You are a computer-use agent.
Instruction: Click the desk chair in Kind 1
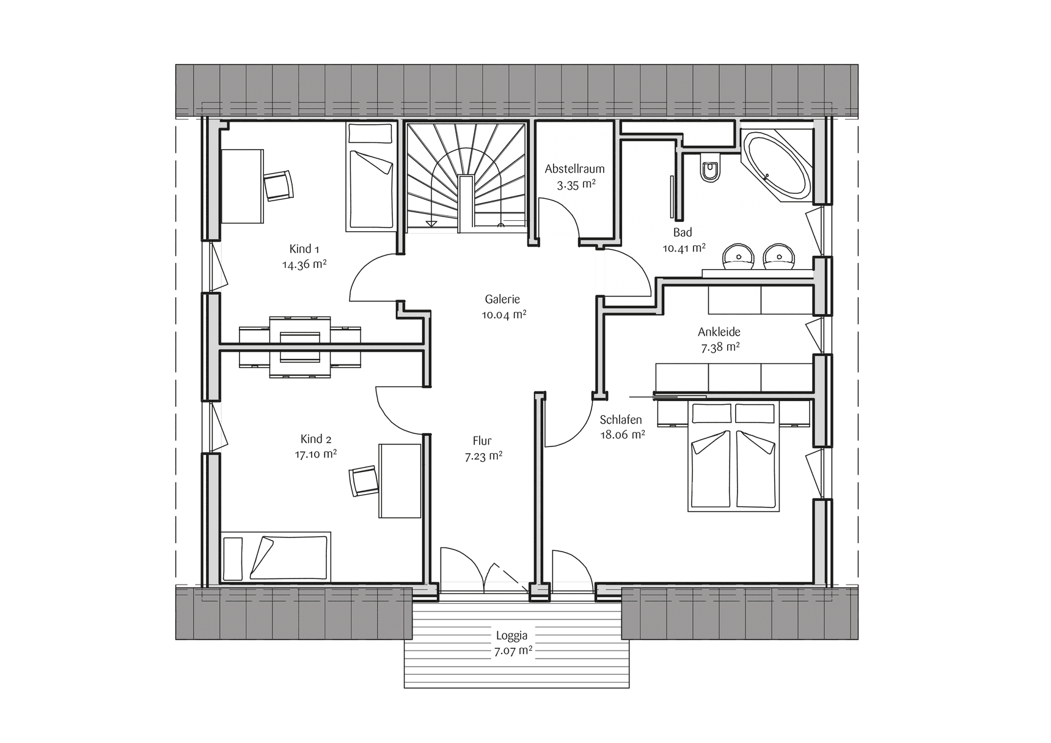[x=279, y=185]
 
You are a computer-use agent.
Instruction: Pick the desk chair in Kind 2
[x=364, y=481]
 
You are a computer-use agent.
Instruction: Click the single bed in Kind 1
[x=370, y=177]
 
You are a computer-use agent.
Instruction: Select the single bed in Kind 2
[x=276, y=556]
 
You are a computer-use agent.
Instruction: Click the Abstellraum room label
[x=575, y=169]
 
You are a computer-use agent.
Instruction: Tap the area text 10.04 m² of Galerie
[x=504, y=315]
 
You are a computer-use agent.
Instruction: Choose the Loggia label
[x=512, y=636]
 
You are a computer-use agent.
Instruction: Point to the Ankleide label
[x=719, y=332]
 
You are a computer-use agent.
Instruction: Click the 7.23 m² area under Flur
[x=484, y=456]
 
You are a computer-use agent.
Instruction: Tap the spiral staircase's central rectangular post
[x=466, y=203]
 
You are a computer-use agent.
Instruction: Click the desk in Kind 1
[x=241, y=186]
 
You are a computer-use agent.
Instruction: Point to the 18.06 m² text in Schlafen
[x=622, y=435]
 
